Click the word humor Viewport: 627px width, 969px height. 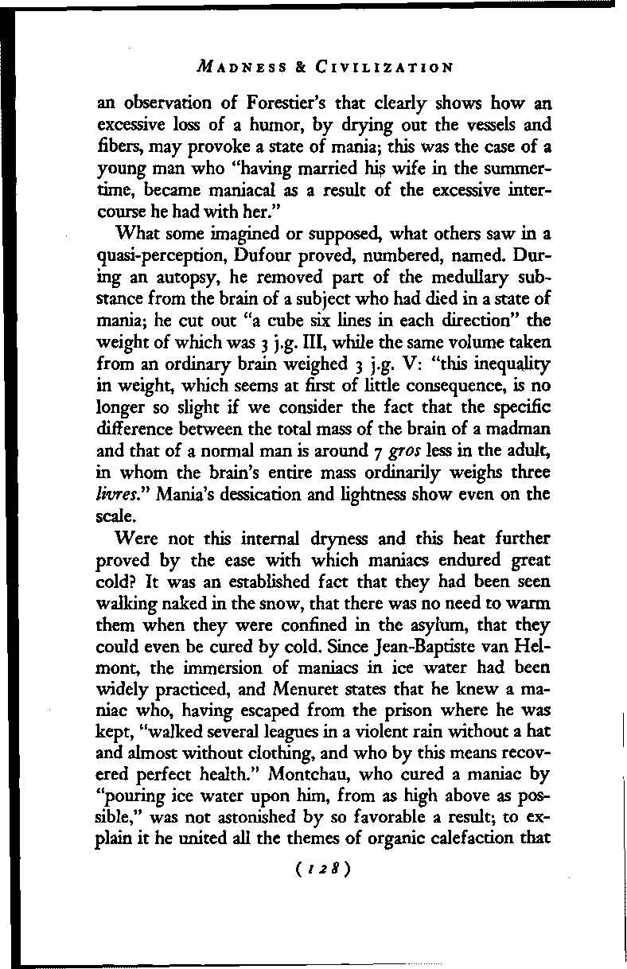pos(263,124)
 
